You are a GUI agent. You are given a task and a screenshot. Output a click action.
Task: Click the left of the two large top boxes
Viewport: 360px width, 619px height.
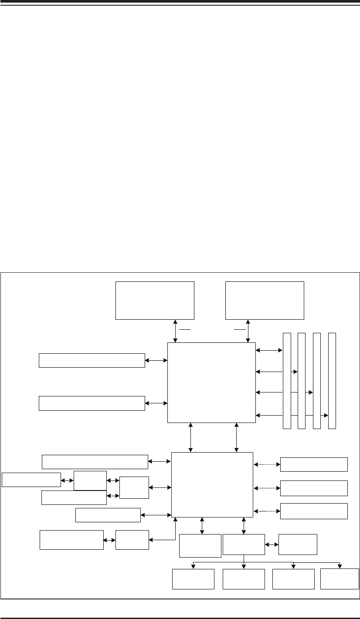click(x=154, y=301)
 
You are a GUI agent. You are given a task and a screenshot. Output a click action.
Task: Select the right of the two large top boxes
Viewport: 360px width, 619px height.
click(x=264, y=301)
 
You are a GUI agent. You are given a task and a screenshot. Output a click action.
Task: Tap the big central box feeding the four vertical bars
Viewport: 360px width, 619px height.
click(x=211, y=382)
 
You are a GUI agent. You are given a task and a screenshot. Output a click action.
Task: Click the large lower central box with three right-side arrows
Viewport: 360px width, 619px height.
click(x=212, y=484)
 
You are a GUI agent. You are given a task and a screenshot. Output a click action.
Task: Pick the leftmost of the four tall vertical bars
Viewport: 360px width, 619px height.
click(x=286, y=380)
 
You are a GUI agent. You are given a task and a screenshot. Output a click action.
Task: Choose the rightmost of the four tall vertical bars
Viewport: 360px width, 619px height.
click(x=332, y=380)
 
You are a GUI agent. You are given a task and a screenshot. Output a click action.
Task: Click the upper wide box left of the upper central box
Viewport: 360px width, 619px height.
click(x=92, y=360)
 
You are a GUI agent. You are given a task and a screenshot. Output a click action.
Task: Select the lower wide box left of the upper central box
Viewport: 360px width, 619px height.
click(x=92, y=403)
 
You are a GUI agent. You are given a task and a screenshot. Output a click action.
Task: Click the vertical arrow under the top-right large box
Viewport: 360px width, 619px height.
click(x=248, y=331)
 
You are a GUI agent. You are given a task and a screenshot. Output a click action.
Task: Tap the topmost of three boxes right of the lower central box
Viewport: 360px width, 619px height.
click(x=314, y=464)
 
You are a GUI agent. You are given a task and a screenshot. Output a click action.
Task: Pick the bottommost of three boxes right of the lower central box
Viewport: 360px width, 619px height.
click(x=314, y=511)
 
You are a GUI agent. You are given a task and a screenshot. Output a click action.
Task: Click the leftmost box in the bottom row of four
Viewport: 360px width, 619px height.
click(x=193, y=578)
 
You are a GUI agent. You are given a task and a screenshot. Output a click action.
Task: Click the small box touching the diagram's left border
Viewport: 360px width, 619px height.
click(x=31, y=479)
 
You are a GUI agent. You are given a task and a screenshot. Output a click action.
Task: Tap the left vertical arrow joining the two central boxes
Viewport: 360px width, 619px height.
click(x=191, y=437)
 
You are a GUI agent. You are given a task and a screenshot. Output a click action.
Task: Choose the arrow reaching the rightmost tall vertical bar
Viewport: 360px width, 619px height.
click(x=292, y=415)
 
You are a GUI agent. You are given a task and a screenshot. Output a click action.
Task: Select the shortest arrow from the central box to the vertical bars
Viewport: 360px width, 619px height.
click(x=269, y=350)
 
